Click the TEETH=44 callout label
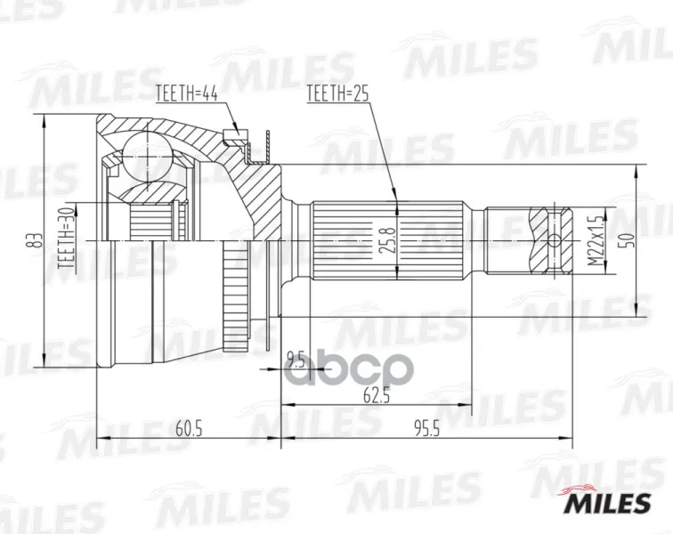pyautogui.click(x=187, y=93)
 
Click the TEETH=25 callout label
pyautogui.click(x=337, y=93)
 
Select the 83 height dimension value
pyautogui.click(x=36, y=241)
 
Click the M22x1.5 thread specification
pyautogui.click(x=596, y=240)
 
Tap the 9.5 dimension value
pyautogui.click(x=296, y=359)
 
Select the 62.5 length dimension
pyautogui.click(x=377, y=395)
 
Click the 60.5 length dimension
pyautogui.click(x=190, y=428)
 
